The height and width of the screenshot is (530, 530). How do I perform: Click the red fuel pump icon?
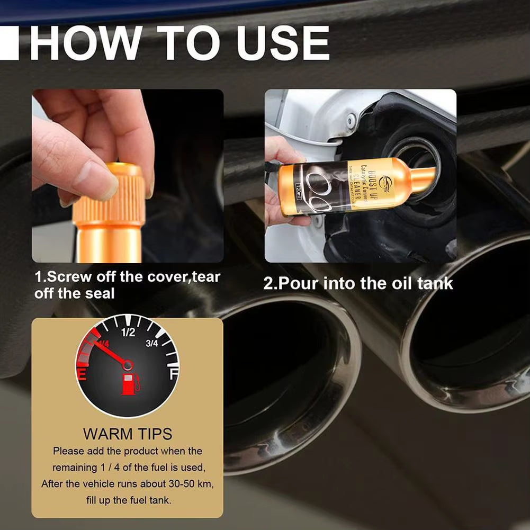coord(130,384)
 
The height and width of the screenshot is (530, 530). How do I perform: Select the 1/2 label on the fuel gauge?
coord(128,333)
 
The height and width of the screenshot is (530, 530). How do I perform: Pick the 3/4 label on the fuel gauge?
coord(152,344)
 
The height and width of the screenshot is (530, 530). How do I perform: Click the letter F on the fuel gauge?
coord(173,375)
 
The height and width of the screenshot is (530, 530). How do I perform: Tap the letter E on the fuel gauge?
coord(83,375)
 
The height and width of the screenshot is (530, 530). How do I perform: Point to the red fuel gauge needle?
coord(109,352)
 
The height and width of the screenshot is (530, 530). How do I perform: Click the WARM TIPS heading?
coord(128,434)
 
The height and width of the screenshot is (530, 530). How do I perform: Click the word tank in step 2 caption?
coord(435,283)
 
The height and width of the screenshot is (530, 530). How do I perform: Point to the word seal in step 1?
coord(100,293)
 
